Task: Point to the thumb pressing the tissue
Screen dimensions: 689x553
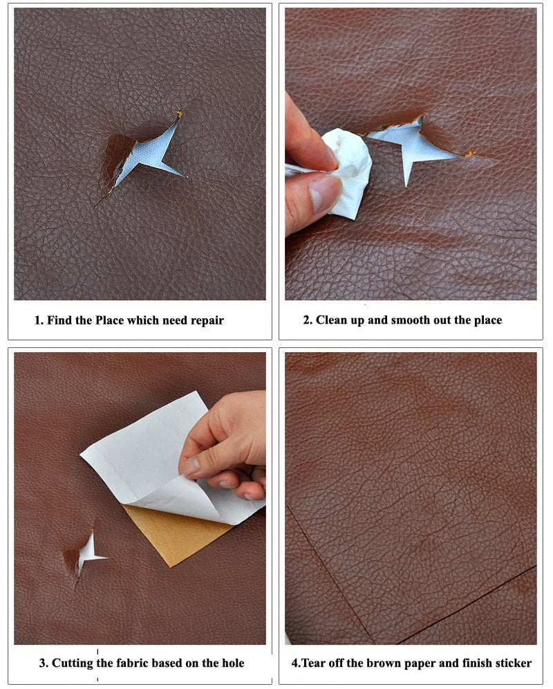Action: (315, 197)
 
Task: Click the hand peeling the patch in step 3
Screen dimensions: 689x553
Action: (228, 450)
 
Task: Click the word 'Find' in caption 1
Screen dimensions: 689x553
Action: (60, 320)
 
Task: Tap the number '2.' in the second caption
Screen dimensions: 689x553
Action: (308, 320)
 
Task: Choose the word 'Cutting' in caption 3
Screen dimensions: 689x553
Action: (73, 663)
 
